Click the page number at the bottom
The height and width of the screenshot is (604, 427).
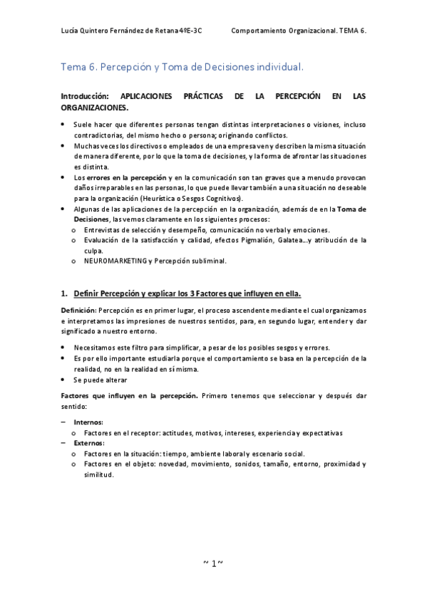[x=214, y=563]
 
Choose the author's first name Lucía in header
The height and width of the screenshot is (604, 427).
[x=71, y=31]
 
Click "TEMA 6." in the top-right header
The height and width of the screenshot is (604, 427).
[x=351, y=31]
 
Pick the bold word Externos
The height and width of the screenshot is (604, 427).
[x=90, y=442]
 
